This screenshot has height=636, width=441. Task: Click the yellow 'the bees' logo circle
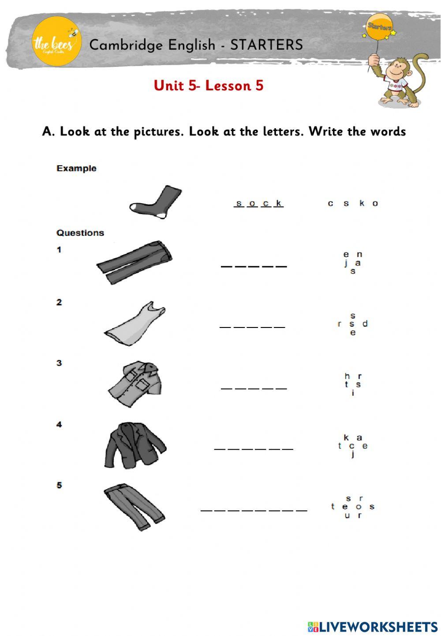(x=56, y=41)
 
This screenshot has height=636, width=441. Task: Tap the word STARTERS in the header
(x=266, y=45)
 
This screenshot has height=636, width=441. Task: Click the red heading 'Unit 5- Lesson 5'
(x=209, y=85)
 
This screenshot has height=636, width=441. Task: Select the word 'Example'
(x=76, y=168)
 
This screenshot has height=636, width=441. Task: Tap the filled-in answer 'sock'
(x=258, y=203)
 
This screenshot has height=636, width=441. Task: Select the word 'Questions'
(x=80, y=233)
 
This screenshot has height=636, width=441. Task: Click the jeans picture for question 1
(x=135, y=263)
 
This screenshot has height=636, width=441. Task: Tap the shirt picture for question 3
(x=137, y=383)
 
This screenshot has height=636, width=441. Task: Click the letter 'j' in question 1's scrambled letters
(x=346, y=263)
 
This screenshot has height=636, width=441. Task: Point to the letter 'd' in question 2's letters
(x=365, y=324)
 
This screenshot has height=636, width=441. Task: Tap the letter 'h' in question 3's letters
(x=347, y=376)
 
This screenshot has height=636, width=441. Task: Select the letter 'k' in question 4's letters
(x=346, y=438)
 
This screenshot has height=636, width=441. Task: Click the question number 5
(x=59, y=485)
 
